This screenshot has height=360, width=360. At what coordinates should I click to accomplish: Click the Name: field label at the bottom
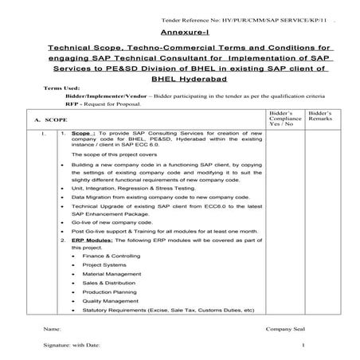pyautogui.click(x=53, y=327)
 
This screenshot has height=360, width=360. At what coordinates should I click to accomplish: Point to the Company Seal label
pyautogui.click(x=286, y=327)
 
